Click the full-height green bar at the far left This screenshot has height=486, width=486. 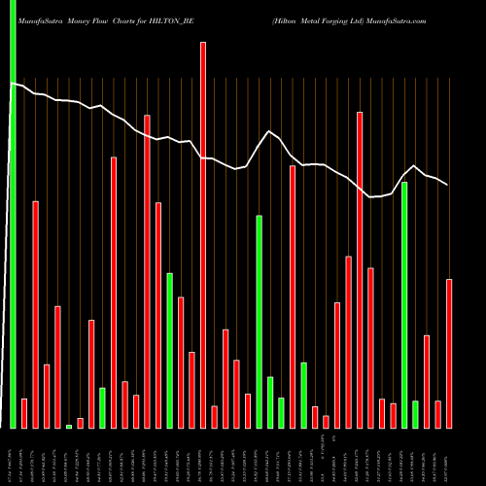point(14,214)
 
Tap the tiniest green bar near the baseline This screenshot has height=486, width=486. point(69,426)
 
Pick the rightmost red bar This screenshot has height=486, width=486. point(449,353)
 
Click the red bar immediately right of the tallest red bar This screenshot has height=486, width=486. point(214,416)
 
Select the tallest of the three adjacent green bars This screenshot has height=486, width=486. point(259,321)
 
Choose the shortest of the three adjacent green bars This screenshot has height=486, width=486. point(281,412)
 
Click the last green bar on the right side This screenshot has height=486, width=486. point(415,413)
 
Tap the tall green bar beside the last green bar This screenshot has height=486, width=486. point(404,304)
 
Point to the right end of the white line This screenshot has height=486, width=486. point(447,185)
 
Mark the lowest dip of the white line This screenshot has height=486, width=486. point(370,197)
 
